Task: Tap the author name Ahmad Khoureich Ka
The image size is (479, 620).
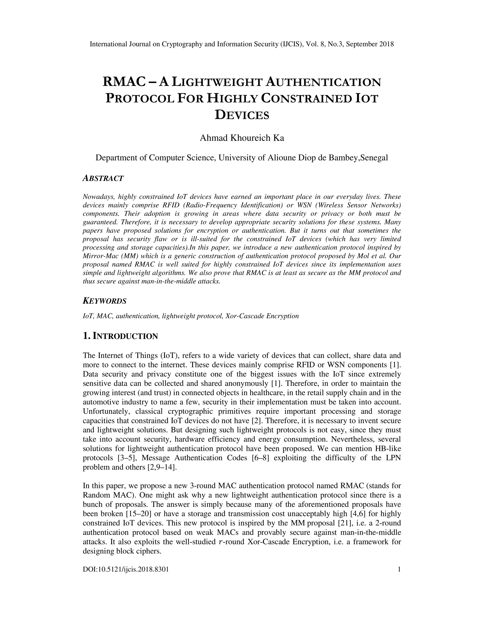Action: point(242,138)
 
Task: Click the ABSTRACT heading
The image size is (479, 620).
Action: point(103,179)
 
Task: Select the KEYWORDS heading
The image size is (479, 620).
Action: point(104,301)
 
